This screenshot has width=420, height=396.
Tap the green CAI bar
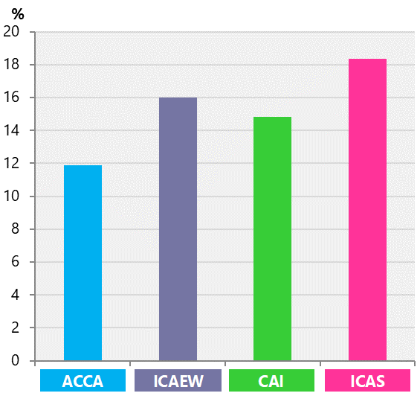click(272, 239)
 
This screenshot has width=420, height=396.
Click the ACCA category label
click(83, 382)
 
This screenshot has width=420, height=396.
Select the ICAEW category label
click(178, 382)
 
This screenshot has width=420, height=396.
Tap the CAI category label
click(272, 382)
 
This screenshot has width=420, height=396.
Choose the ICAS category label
click(367, 382)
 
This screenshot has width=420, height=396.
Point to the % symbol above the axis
click(18, 13)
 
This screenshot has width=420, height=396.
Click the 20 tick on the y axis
click(12, 32)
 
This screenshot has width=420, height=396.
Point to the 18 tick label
click(12, 65)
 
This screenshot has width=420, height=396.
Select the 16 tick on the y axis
click(12, 98)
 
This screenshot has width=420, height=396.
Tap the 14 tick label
click(12, 130)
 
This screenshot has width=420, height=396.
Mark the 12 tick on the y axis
click(12, 164)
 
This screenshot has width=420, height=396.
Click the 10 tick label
click(12, 197)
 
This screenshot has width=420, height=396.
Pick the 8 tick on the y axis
click(16, 229)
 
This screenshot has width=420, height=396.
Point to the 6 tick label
click(16, 262)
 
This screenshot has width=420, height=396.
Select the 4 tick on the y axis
click(16, 295)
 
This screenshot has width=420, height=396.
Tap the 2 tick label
click(16, 328)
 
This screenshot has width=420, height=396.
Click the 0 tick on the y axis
click(16, 361)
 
